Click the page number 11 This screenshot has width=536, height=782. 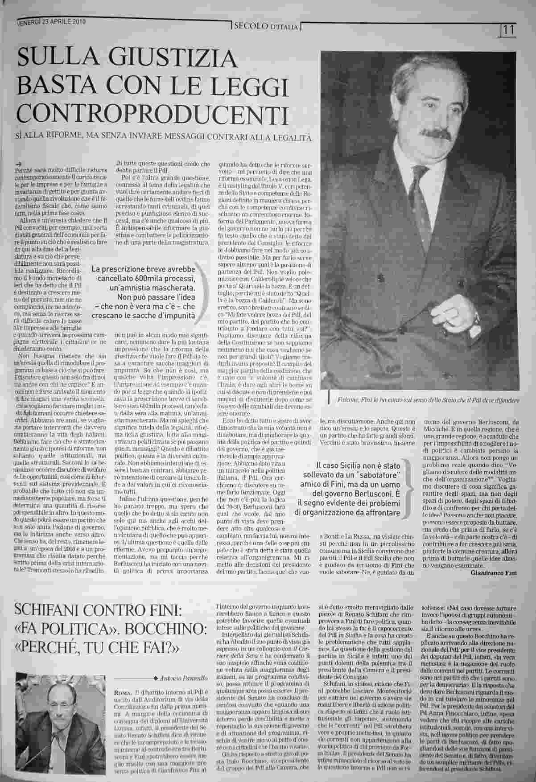508,30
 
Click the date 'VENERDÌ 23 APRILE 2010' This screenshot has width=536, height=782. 51,21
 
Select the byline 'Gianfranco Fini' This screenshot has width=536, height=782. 493,573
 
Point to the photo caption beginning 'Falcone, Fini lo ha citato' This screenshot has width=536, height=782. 427,401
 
